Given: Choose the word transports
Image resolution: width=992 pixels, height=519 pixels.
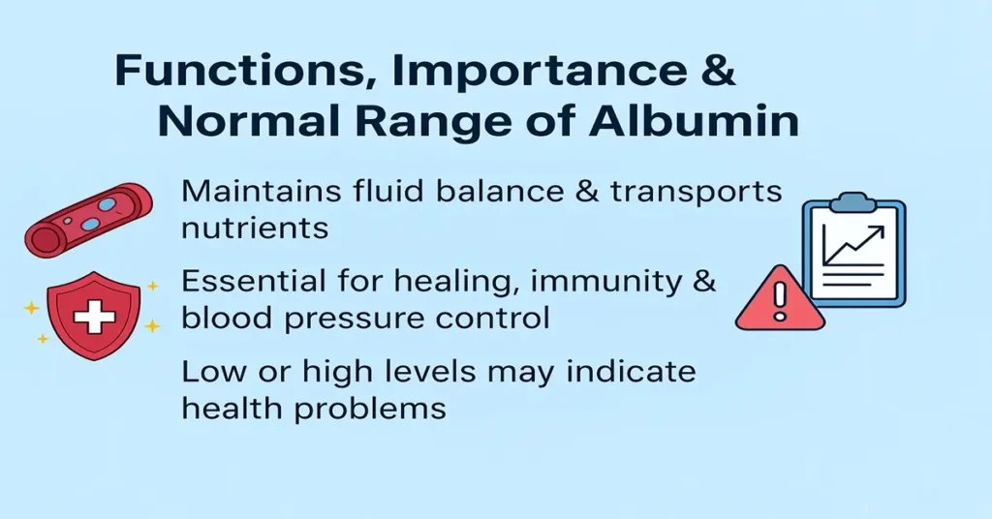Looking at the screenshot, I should [x=696, y=191].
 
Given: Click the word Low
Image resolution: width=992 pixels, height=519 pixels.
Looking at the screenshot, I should [x=211, y=373].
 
